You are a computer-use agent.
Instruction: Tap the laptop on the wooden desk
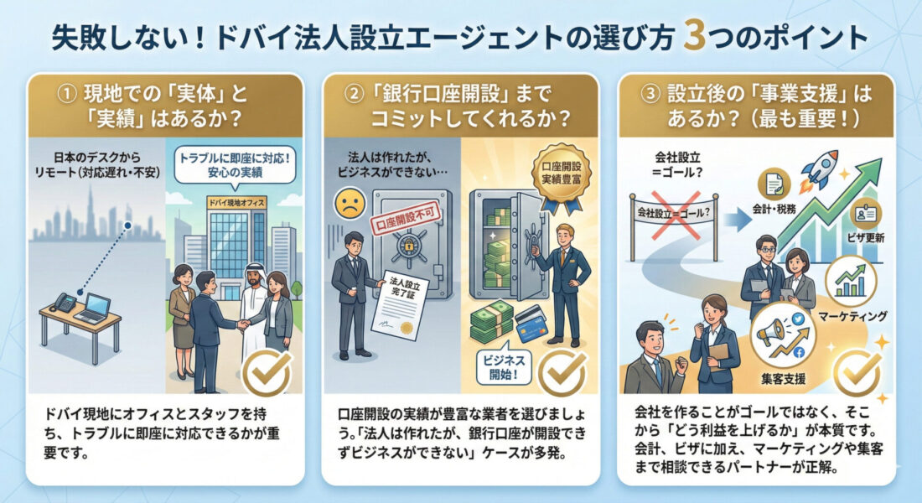tap(93, 309)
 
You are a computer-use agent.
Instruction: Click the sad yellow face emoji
tap(347, 202)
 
